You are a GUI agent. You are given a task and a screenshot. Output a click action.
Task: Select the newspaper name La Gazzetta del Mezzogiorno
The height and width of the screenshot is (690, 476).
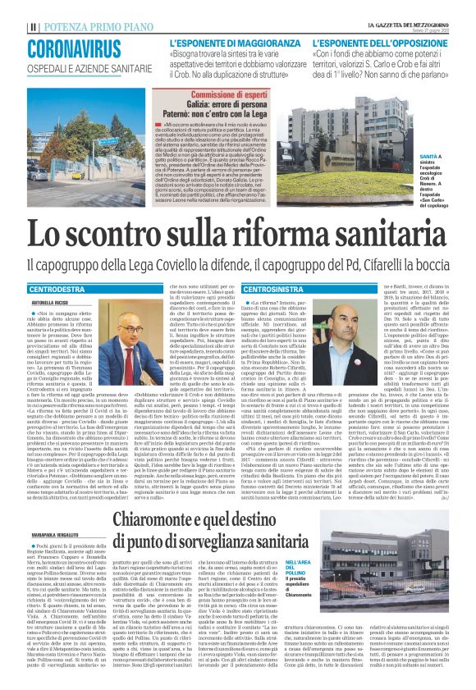408,25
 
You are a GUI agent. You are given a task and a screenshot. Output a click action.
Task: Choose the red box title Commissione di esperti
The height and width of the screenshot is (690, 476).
227,95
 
